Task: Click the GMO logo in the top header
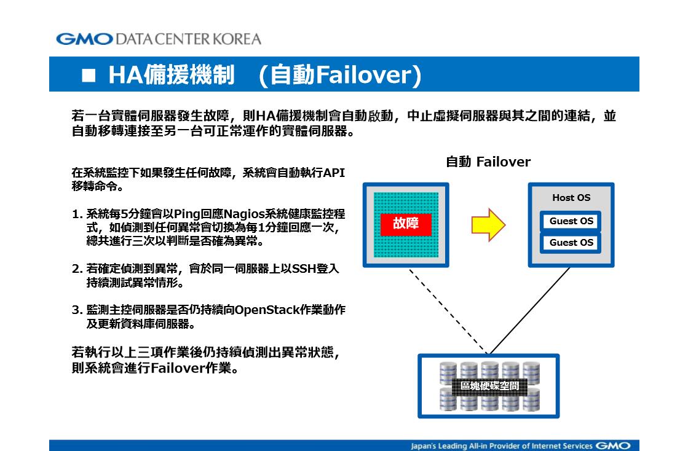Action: click(x=85, y=39)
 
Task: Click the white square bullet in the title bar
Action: click(x=89, y=76)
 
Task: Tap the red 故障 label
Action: click(x=406, y=224)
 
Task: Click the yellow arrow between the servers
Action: click(x=488, y=225)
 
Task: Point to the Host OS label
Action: click(x=571, y=198)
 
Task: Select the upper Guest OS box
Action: click(x=571, y=221)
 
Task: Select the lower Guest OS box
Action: click(x=571, y=242)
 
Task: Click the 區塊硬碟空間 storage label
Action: click(x=489, y=386)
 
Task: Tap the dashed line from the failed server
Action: click(x=448, y=311)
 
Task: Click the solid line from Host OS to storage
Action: click(x=529, y=310)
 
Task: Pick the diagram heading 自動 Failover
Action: click(x=488, y=162)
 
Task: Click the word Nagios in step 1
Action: click(x=243, y=214)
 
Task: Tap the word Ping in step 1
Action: click(x=187, y=214)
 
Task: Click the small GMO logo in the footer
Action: click(x=613, y=445)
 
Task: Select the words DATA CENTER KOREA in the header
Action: click(x=188, y=39)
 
